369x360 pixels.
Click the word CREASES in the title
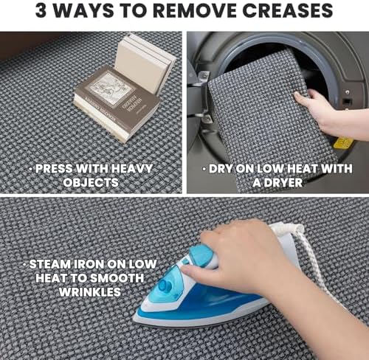coord(287,10)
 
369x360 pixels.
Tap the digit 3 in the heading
coord(41,10)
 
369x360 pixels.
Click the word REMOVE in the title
coord(195,10)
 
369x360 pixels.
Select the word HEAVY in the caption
coord(132,169)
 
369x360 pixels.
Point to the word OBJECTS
coord(91,182)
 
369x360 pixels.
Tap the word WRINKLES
coord(90,292)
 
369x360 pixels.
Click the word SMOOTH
coord(117,278)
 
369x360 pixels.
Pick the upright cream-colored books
coord(145,65)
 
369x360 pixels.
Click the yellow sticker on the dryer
coord(344,143)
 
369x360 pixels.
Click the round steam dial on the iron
coord(165,285)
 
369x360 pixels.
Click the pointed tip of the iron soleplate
coord(134,319)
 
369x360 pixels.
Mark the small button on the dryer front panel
coord(347,92)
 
